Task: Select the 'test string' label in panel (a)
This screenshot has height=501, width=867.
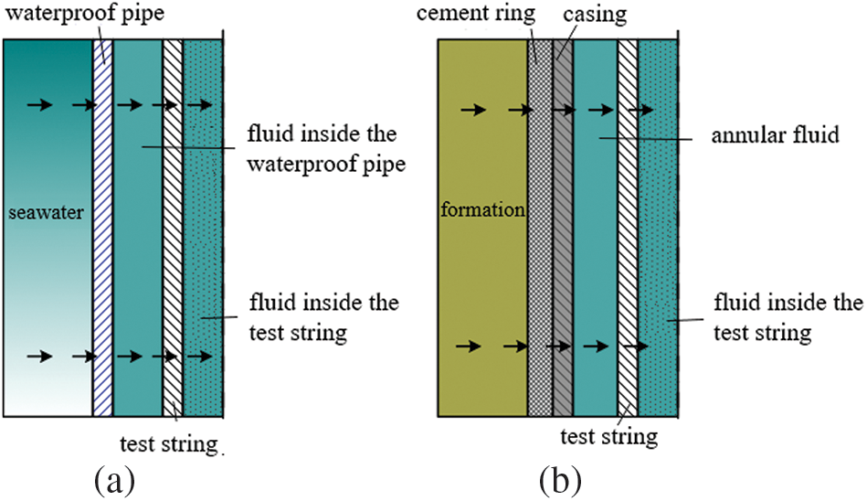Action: pyautogui.click(x=170, y=444)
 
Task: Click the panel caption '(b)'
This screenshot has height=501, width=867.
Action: pyautogui.click(x=557, y=477)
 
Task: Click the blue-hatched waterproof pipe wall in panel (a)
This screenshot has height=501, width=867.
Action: pyautogui.click(x=103, y=229)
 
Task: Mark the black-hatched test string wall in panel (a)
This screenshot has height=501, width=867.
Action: pyautogui.click(x=173, y=229)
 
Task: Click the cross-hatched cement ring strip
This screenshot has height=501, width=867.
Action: pyautogui.click(x=540, y=229)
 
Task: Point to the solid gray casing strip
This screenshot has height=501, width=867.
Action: pyautogui.click(x=563, y=229)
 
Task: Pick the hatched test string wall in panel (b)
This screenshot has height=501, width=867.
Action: pyautogui.click(x=628, y=229)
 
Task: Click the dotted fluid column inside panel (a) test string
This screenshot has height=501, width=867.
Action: pyautogui.click(x=204, y=229)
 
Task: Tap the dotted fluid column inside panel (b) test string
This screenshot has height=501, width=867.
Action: pyautogui.click(x=657, y=229)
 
